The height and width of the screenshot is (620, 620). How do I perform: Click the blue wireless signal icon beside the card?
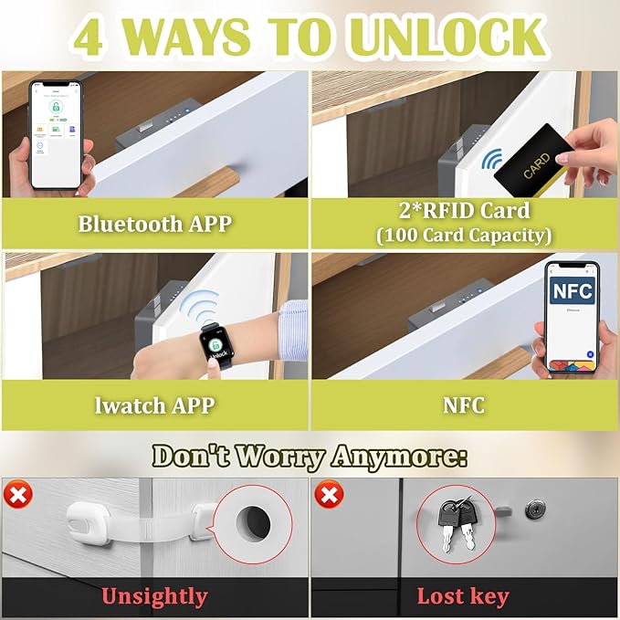(492, 161)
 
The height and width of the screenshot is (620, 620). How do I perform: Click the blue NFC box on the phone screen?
(573, 292)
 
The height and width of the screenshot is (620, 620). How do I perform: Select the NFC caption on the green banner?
(465, 405)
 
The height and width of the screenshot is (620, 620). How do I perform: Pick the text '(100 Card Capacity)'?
(465, 236)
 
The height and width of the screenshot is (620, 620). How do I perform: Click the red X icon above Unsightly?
(18, 497)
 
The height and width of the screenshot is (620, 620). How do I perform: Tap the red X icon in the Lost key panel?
(329, 497)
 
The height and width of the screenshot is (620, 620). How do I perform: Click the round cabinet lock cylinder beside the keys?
(536, 508)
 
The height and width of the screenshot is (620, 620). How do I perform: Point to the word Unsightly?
(154, 597)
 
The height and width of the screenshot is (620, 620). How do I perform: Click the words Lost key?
(463, 597)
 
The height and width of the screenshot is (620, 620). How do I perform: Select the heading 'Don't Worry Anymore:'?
(310, 456)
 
